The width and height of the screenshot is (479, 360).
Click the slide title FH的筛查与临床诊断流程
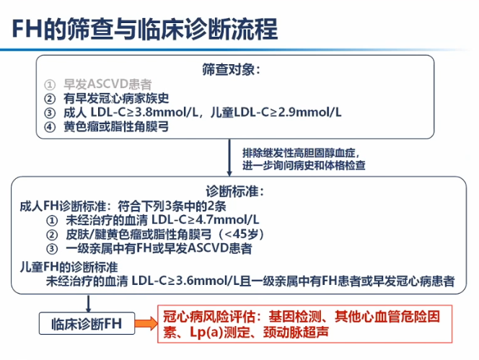pos(145,29)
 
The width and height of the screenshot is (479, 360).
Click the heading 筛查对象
pos(231,69)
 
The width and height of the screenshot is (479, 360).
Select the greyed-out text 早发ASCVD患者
pos(107,84)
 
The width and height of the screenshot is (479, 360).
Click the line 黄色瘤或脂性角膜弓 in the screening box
pos(116,126)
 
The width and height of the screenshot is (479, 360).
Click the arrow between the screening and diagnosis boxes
pos(229,158)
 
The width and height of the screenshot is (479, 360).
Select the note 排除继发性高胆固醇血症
pos(301,152)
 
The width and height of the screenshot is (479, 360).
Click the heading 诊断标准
pos(234,192)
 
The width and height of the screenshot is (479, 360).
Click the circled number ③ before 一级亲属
pos(52,249)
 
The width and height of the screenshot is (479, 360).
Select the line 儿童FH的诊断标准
pos(69,267)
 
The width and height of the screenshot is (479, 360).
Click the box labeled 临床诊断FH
pos(87,323)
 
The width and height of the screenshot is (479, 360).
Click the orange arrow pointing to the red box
pos(146,323)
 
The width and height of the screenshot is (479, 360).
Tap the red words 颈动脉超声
pos(296,332)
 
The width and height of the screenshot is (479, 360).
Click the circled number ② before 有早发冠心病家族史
pos(50,98)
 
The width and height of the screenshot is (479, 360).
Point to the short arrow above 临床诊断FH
pos(88,304)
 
